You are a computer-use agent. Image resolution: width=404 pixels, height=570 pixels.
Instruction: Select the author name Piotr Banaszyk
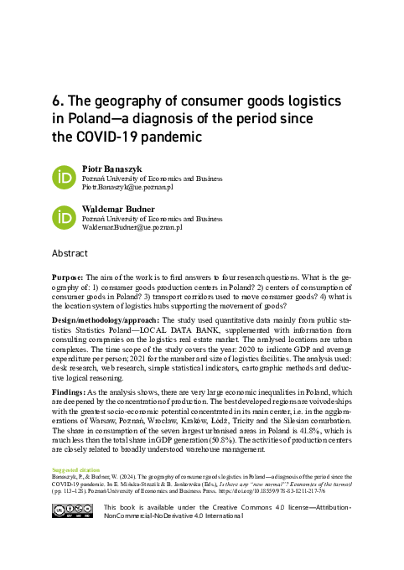111,168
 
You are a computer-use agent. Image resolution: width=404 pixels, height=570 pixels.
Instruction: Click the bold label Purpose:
70,277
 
